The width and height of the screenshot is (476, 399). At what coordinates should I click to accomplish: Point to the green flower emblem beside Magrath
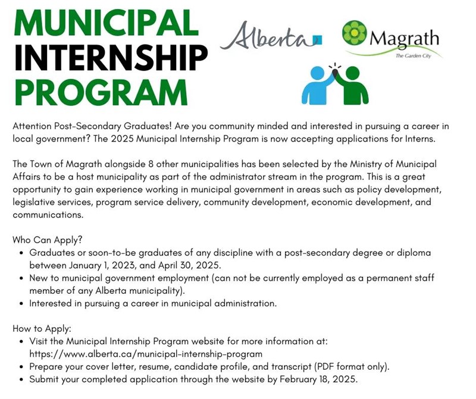coord(355,33)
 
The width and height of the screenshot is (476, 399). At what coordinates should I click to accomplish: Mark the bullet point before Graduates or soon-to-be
coord(22,253)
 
